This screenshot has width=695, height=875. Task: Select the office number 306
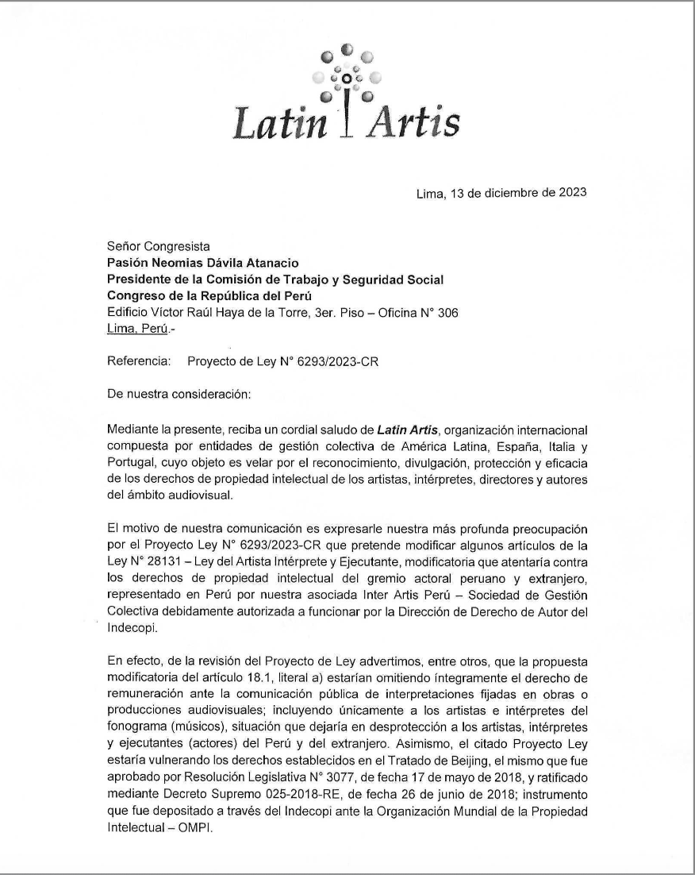[x=446, y=312]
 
